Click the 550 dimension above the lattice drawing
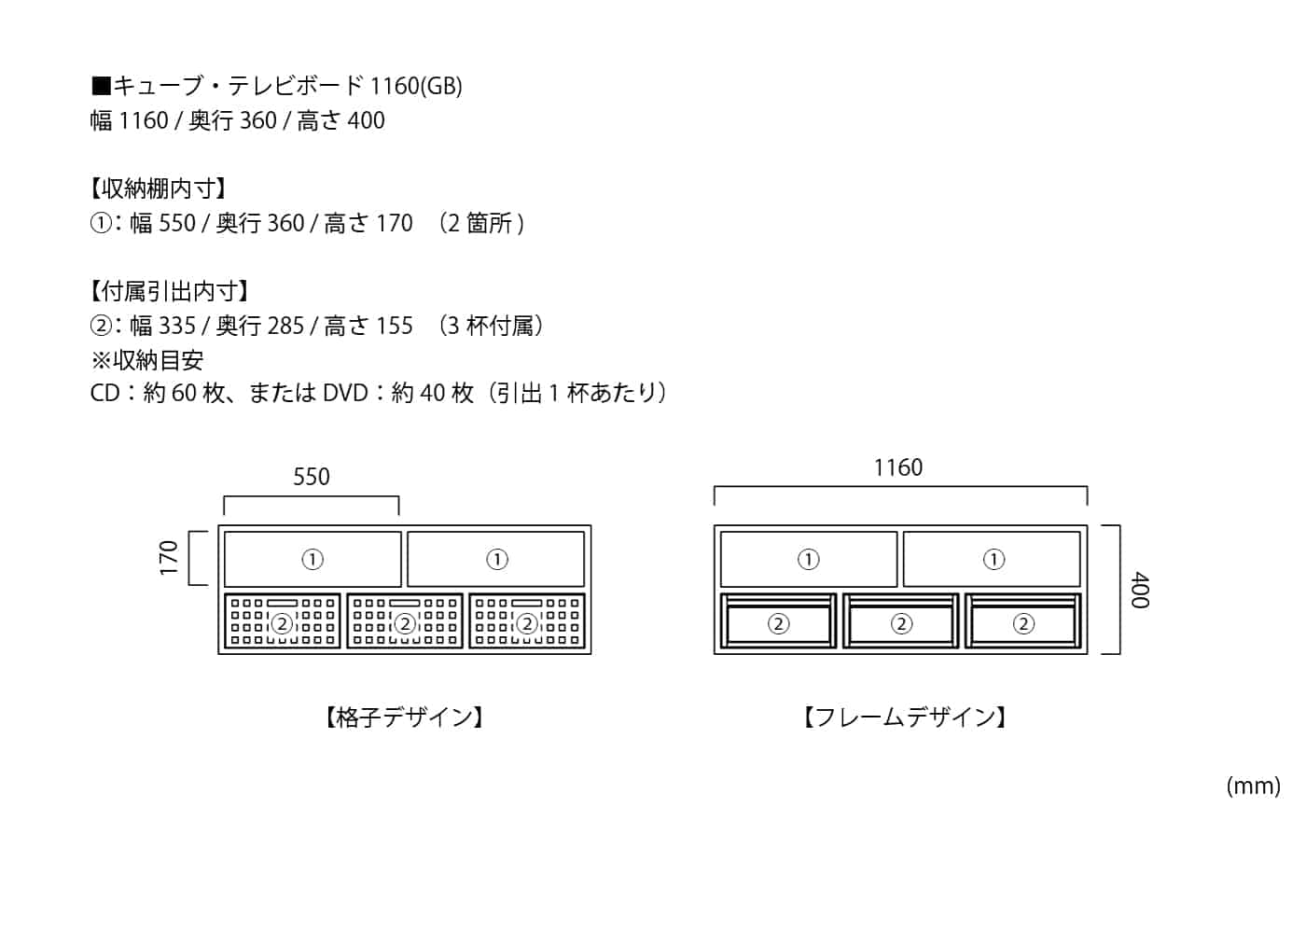(312, 477)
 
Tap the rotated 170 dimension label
(169, 558)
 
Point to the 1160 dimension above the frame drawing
(897, 467)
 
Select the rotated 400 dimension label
(1140, 591)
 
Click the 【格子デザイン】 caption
(404, 717)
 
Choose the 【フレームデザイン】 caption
(905, 717)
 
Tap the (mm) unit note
(1253, 786)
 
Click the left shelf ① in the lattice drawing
(313, 559)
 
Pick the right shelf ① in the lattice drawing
(497, 559)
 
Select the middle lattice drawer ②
(405, 622)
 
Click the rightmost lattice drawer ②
(527, 622)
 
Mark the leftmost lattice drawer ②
(282, 622)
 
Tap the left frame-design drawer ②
(778, 623)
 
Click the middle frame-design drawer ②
(901, 623)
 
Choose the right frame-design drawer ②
(1023, 623)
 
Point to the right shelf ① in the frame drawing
(993, 559)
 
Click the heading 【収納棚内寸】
(158, 188)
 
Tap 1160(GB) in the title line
(416, 86)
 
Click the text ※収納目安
(146, 360)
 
